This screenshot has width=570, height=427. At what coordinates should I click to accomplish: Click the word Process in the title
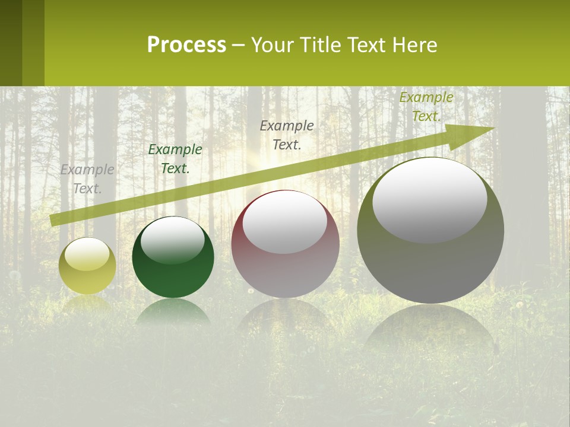186,45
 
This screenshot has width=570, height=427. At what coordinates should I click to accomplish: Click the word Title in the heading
318,45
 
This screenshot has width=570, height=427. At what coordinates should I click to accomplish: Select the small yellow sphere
87,266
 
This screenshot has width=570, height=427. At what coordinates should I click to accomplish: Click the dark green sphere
173,257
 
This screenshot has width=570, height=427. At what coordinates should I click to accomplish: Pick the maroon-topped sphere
285,244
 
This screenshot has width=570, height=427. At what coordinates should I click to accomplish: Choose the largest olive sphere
430,230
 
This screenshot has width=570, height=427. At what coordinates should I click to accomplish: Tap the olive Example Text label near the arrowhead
426,107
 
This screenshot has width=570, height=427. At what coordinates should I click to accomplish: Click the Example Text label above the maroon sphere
287,135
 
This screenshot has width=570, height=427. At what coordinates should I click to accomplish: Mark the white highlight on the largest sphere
429,199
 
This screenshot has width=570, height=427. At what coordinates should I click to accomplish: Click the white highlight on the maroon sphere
285,222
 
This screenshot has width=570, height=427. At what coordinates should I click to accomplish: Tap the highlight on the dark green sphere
172,240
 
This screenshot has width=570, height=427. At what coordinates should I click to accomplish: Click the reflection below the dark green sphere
173,312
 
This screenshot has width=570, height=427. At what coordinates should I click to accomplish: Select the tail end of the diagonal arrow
55,220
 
